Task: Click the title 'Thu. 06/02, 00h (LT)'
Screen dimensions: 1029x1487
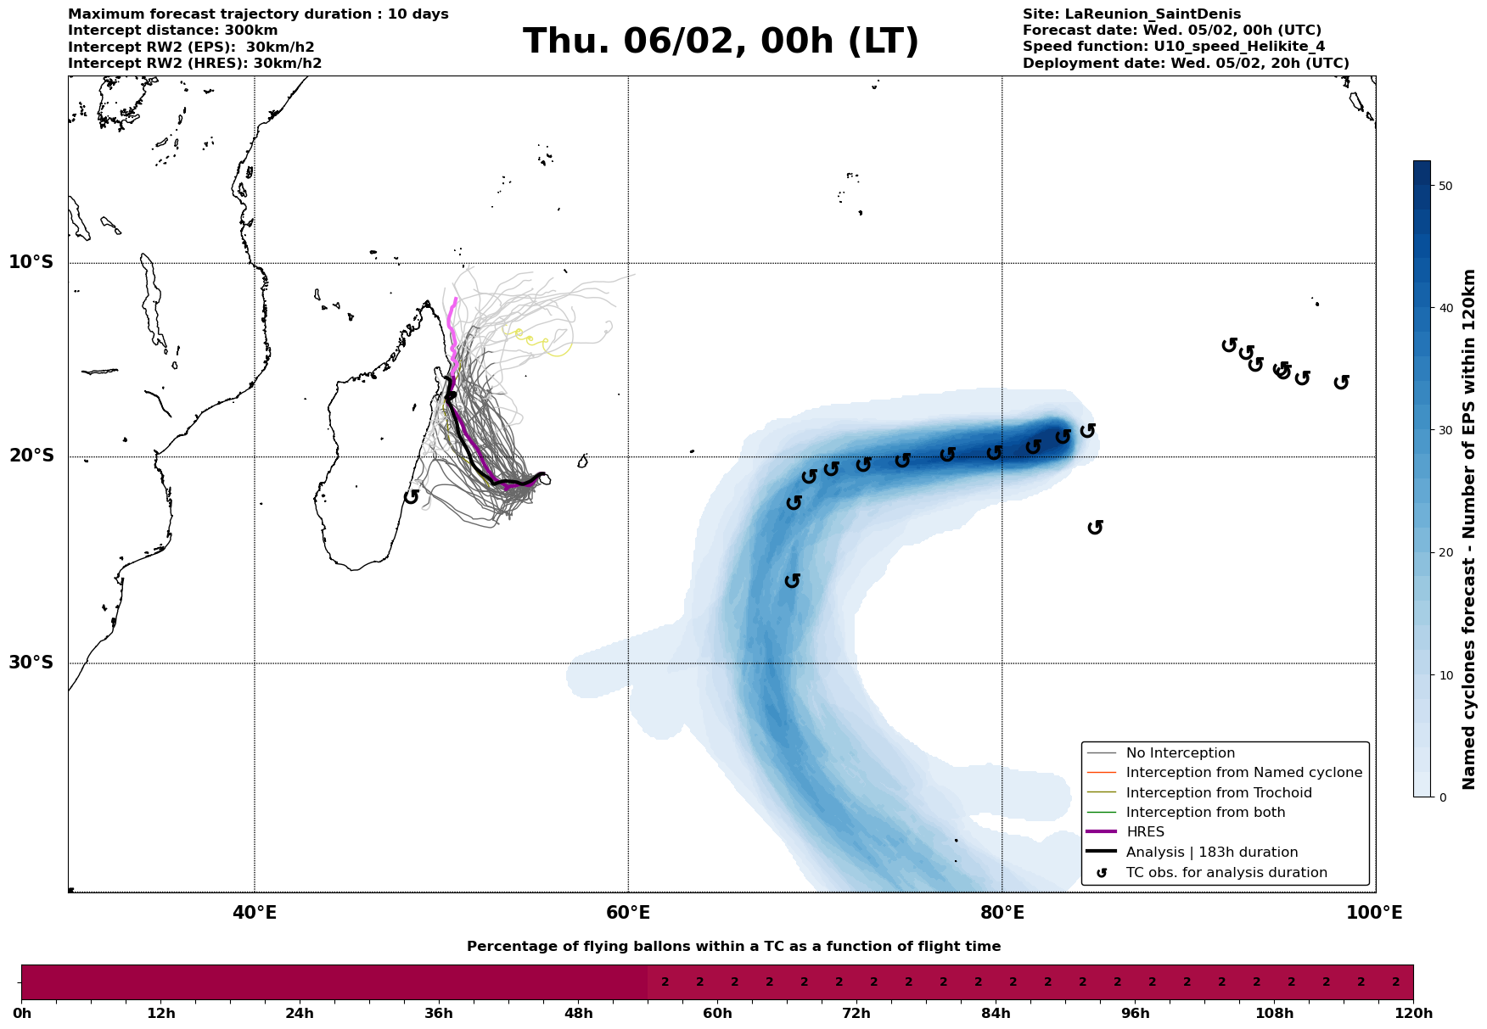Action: click(x=721, y=42)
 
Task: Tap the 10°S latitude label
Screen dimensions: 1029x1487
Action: click(x=31, y=262)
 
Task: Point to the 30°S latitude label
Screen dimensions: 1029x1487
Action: click(x=31, y=663)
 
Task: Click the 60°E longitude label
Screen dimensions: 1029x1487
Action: click(x=628, y=914)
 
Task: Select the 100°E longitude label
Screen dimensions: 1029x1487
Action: click(x=1375, y=914)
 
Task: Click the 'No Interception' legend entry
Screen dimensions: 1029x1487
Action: click(x=1180, y=753)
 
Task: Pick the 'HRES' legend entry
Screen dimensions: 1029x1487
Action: click(x=1145, y=832)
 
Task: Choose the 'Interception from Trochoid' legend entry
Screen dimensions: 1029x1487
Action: click(x=1219, y=793)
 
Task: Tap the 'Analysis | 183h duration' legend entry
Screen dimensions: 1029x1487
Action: click(x=1212, y=853)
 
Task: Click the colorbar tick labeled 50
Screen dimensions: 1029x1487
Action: click(x=1445, y=186)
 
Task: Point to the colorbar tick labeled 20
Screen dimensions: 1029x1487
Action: click(x=1445, y=553)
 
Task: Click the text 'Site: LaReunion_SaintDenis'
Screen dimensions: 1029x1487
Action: click(x=1131, y=14)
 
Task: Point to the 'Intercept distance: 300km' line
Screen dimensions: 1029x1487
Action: click(x=172, y=31)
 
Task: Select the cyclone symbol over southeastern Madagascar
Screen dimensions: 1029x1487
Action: click(x=412, y=496)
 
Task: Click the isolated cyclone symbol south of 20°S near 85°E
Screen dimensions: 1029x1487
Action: click(x=1096, y=528)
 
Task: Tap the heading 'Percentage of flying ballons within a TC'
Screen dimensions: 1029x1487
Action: click(x=733, y=947)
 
